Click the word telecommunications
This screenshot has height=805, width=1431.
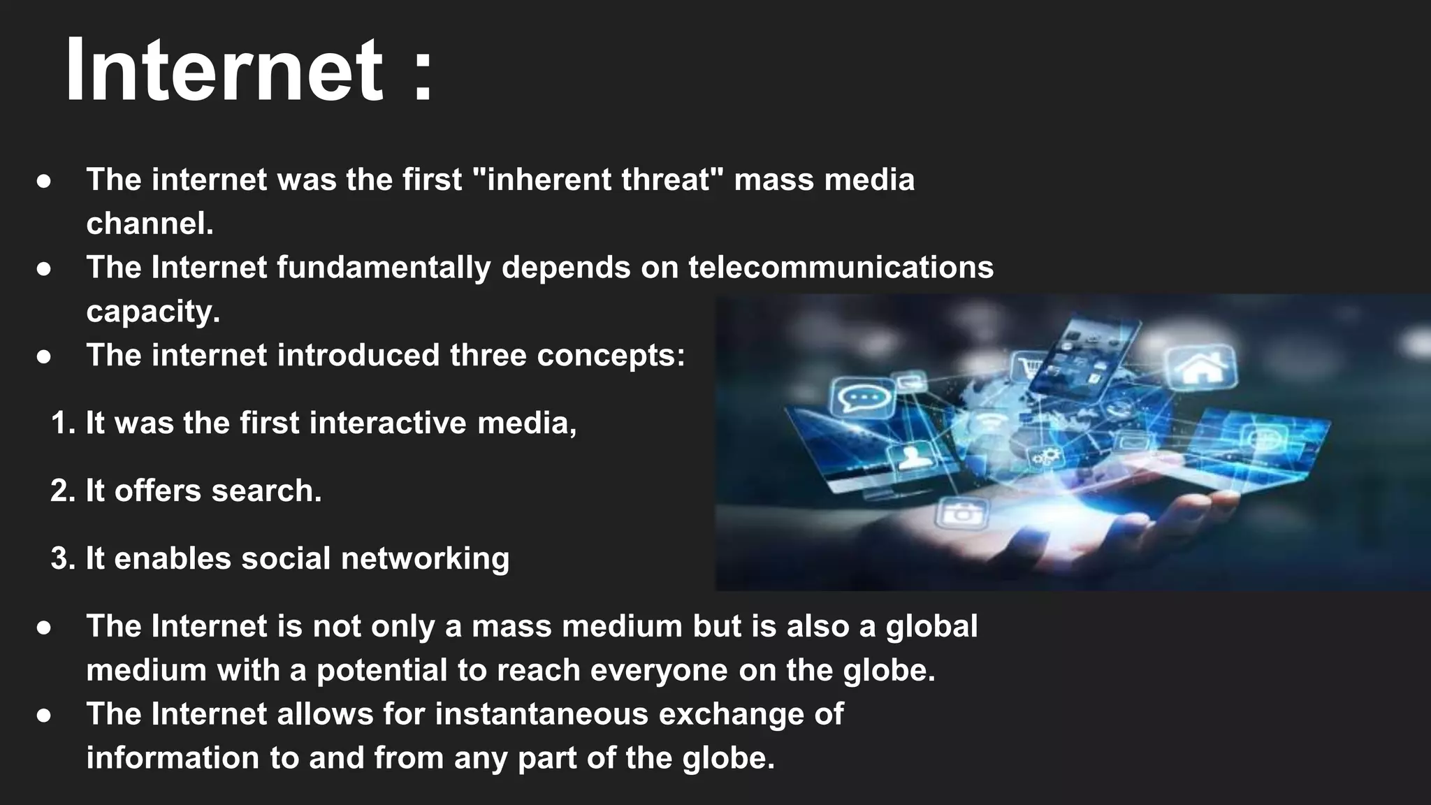841,268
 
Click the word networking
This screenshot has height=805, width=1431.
425,559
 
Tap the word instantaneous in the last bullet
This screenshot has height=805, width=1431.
541,714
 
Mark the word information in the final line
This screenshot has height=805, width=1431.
172,758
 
